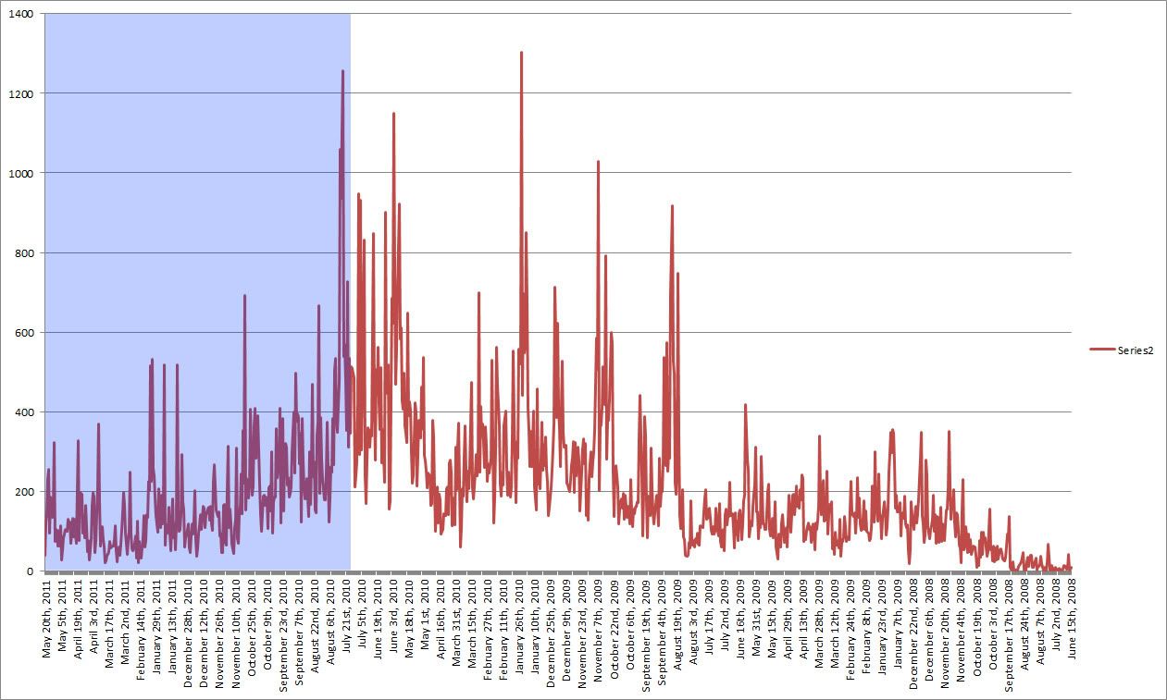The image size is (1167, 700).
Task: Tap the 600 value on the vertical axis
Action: pos(22,333)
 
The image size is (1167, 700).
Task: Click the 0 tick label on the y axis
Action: pos(30,571)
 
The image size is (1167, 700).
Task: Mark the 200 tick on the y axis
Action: pos(22,492)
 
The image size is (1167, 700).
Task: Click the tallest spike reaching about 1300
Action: pos(521,54)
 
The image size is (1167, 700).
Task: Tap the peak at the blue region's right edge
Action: pos(342,72)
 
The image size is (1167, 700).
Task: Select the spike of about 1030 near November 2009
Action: pos(598,163)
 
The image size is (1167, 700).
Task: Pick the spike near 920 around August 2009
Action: pos(672,207)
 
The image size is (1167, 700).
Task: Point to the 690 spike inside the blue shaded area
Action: pos(244,297)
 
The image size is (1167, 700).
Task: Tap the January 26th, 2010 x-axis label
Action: pos(520,621)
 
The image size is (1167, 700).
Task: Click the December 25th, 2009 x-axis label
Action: pos(552,625)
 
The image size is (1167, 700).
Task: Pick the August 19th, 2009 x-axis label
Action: pos(677,621)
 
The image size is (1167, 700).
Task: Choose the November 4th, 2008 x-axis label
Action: pos(961,621)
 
